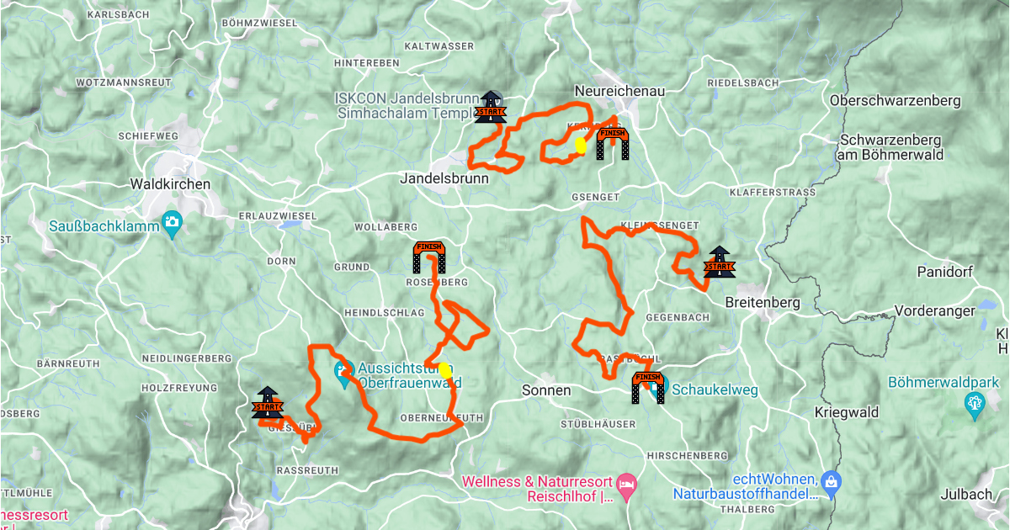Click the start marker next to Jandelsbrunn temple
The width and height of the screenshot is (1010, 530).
(490, 107)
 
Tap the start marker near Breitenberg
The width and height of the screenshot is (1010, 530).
(719, 263)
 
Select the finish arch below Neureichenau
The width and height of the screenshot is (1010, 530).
(612, 143)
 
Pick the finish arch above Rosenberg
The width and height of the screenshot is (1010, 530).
(428, 257)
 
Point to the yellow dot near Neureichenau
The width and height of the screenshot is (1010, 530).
(580, 145)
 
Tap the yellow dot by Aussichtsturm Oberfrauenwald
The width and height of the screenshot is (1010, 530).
(444, 369)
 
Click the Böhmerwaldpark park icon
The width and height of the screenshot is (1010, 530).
(975, 405)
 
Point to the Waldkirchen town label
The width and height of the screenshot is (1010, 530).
(171, 183)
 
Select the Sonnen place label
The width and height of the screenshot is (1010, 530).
(546, 390)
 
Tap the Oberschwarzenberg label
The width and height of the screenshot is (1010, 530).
(895, 101)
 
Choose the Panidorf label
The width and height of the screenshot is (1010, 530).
(949, 273)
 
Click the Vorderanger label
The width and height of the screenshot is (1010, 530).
(934, 310)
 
